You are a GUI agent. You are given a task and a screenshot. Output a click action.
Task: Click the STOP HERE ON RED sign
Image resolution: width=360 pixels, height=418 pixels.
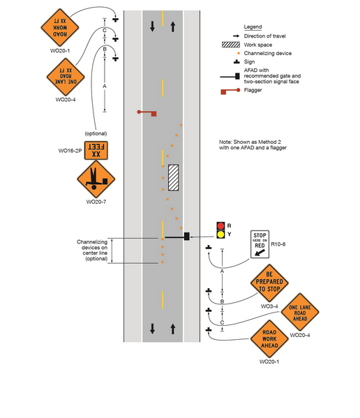click(260, 244)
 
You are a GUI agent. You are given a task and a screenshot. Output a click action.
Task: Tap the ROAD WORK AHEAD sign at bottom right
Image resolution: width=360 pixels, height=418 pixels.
click(270, 340)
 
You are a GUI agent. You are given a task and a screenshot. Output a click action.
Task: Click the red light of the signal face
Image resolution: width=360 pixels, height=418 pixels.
click(220, 226)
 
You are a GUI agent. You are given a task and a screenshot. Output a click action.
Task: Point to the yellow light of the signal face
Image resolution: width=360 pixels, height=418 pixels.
click(220, 234)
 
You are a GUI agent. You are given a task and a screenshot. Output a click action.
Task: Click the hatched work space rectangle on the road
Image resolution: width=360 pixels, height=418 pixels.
click(173, 177)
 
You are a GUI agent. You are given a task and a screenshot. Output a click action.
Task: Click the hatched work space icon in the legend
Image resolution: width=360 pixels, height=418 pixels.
click(229, 44)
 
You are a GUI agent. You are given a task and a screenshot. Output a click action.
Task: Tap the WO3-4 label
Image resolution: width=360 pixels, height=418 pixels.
click(269, 306)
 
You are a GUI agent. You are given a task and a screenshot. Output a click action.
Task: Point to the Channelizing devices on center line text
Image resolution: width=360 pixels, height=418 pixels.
click(92, 250)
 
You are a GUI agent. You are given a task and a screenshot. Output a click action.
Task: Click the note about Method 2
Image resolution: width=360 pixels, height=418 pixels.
click(253, 145)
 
